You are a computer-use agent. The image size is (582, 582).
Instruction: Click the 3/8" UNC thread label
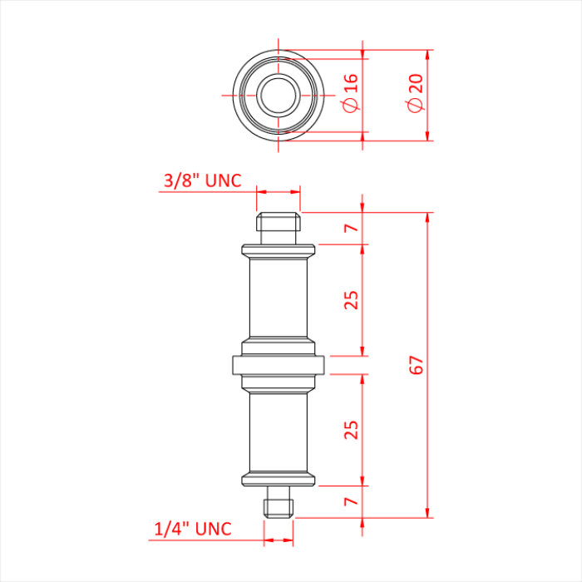(x=203, y=180)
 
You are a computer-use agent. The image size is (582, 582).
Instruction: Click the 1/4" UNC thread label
(x=193, y=529)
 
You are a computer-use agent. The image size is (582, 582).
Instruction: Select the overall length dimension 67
(x=417, y=364)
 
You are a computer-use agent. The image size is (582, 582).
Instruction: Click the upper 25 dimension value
(x=352, y=299)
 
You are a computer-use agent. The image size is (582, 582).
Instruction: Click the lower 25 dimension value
(x=352, y=429)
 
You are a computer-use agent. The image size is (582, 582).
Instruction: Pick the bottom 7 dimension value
(x=352, y=501)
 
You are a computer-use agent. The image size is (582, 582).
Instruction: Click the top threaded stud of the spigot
(x=278, y=224)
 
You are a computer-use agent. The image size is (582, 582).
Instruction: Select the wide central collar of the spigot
(x=279, y=364)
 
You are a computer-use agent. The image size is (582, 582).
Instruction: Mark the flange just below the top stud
(x=279, y=249)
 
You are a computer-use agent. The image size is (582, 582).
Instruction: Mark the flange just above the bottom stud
(x=279, y=478)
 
